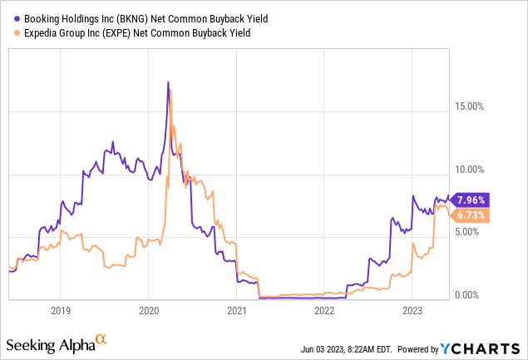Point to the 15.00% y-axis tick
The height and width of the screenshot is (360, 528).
click(x=471, y=106)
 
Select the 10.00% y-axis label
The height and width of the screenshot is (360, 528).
click(x=471, y=169)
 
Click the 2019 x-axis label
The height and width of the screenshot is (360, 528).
click(x=60, y=311)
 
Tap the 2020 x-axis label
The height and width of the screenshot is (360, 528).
click(x=148, y=311)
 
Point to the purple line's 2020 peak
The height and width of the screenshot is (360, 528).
click(x=168, y=82)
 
